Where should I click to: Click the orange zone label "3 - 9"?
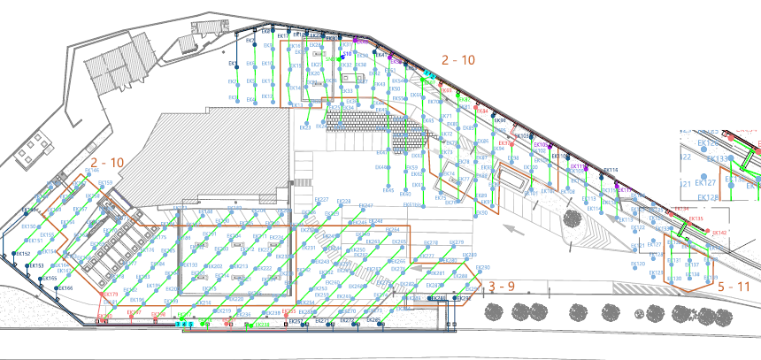(x=502, y=287)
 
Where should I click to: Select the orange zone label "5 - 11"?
(x=734, y=287)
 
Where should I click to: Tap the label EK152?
(x=24, y=254)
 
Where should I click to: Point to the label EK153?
(x=36, y=265)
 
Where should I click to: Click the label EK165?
(x=50, y=279)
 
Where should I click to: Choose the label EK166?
(x=66, y=287)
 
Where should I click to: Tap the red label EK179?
(x=110, y=295)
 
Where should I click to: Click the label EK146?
(x=91, y=171)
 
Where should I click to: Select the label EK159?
(x=104, y=183)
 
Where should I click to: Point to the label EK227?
(x=322, y=200)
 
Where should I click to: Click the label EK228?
(x=344, y=202)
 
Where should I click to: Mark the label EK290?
(x=483, y=267)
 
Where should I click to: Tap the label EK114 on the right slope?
(x=611, y=170)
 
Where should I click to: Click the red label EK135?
(x=696, y=219)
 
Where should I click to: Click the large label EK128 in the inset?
(x=708, y=198)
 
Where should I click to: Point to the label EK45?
(x=383, y=166)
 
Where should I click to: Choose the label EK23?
(x=305, y=127)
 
